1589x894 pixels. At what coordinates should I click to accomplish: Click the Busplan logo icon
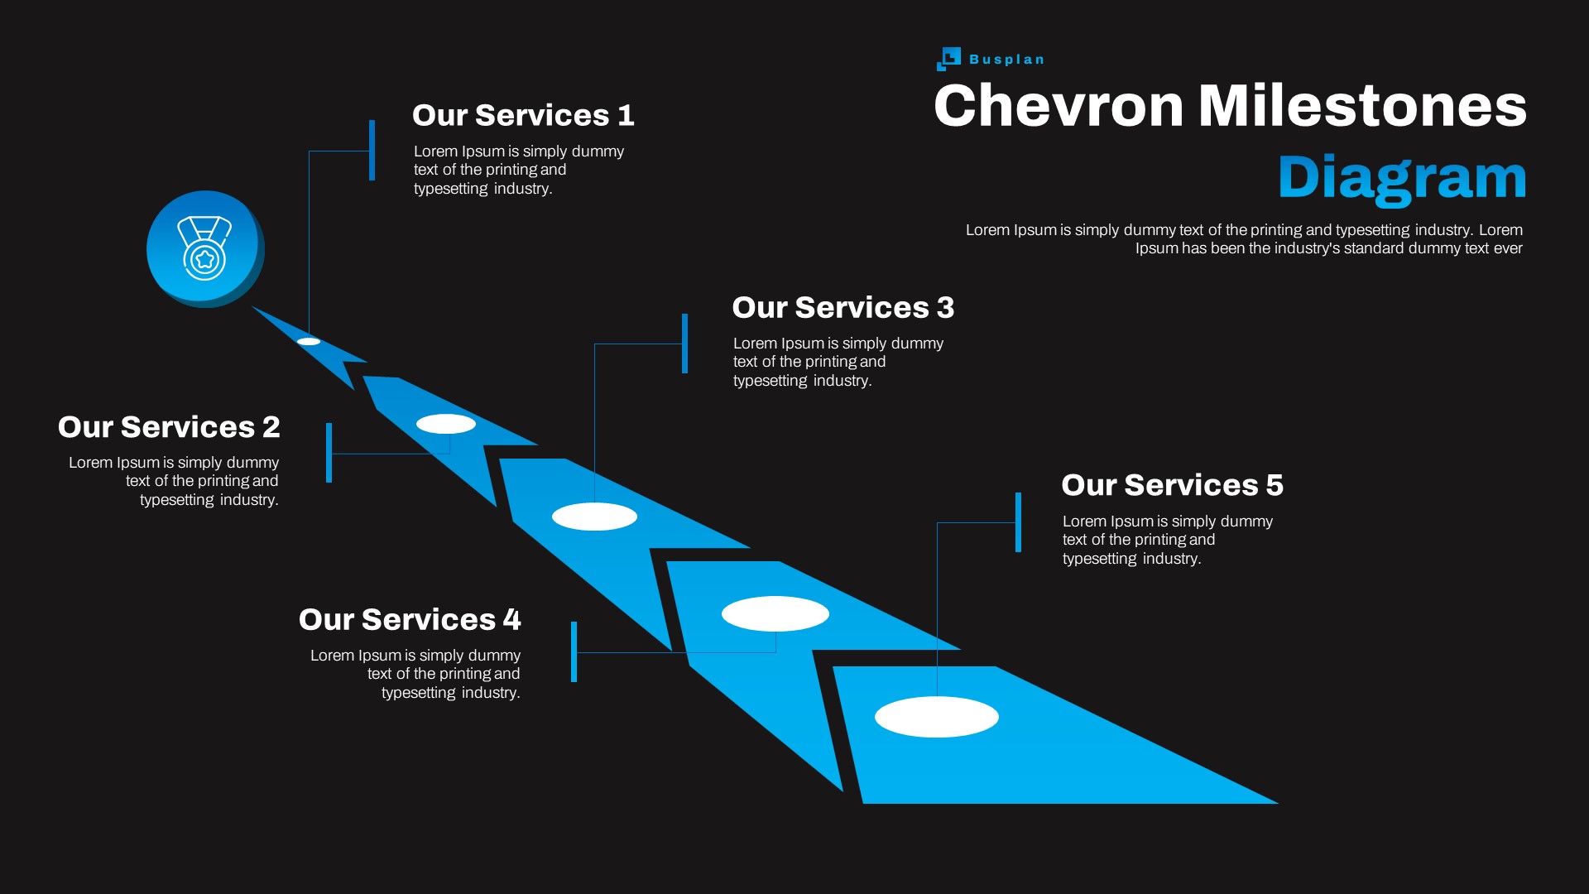click(x=948, y=59)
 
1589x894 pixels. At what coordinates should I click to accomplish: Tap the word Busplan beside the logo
click(x=1006, y=60)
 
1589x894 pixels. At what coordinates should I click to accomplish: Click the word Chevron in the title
click(x=1059, y=106)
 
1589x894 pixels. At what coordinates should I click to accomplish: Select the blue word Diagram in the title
click(x=1402, y=177)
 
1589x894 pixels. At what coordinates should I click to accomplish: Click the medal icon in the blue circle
click(x=204, y=248)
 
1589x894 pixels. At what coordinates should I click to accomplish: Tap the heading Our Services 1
click(x=523, y=115)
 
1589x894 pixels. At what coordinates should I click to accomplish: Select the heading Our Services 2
click(x=169, y=427)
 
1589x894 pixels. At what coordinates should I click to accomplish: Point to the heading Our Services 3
click(x=843, y=308)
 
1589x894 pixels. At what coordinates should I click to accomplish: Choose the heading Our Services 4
click(x=410, y=620)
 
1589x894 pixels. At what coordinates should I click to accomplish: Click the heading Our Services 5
click(x=1172, y=485)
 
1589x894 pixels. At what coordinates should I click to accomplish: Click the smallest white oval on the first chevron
click(x=309, y=341)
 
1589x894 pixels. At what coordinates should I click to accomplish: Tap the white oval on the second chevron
click(x=446, y=424)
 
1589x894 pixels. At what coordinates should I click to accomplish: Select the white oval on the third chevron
click(x=594, y=517)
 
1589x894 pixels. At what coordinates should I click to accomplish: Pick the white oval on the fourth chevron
click(x=775, y=613)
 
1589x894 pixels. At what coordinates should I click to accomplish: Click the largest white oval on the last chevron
click(x=937, y=717)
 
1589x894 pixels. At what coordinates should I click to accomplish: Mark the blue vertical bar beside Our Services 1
click(x=372, y=150)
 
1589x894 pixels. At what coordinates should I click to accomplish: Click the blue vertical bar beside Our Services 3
click(x=685, y=343)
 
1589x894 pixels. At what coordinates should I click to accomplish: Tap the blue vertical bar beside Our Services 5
click(x=1018, y=522)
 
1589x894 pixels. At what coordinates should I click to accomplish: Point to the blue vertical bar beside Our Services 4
click(x=574, y=651)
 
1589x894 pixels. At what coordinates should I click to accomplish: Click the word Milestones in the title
click(x=1362, y=106)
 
